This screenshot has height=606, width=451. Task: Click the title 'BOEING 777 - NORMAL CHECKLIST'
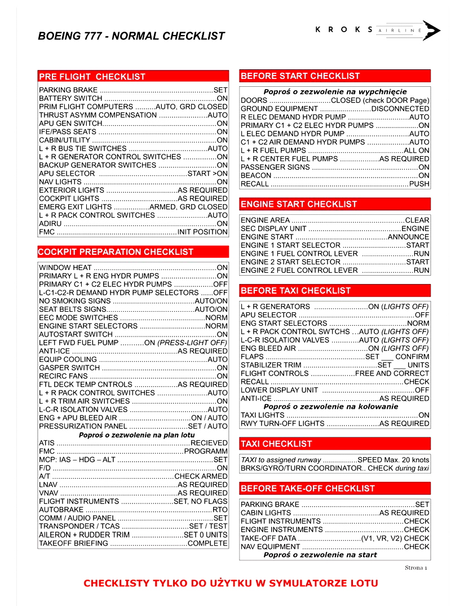click(x=131, y=36)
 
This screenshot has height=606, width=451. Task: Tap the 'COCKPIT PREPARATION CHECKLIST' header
click(x=116, y=252)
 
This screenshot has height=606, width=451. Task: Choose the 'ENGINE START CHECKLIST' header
click(x=299, y=204)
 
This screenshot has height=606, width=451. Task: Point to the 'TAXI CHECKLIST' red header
click(x=276, y=444)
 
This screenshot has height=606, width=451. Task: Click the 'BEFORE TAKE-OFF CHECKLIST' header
click(x=307, y=488)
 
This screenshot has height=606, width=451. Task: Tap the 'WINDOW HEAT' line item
click(x=65, y=268)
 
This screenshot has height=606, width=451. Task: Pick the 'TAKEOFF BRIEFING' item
click(x=73, y=543)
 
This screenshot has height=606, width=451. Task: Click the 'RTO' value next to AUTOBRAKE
click(x=220, y=510)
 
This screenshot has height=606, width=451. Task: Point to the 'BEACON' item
click(x=256, y=176)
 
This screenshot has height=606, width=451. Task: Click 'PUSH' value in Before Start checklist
click(x=419, y=184)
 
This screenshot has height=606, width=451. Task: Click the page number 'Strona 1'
click(x=416, y=567)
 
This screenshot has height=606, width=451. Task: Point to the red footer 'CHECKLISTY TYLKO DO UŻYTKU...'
click(x=231, y=583)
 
